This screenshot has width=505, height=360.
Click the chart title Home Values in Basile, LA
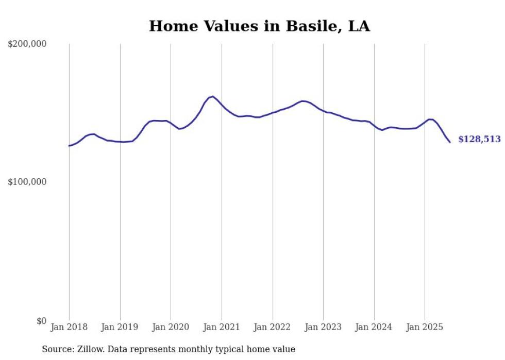259,26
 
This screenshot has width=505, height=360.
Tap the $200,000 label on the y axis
27,44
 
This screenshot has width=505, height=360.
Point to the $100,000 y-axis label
27,182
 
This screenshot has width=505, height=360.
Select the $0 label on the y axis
40,321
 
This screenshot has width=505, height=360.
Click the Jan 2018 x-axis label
69,327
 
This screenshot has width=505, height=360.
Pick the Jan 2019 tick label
120,327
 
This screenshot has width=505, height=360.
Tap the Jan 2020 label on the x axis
171,327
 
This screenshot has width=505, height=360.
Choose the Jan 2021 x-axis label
222,327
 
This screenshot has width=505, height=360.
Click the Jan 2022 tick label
273,327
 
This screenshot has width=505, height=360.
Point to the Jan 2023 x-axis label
323,327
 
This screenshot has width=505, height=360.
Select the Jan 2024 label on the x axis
374,327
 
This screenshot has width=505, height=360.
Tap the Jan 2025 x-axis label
425,327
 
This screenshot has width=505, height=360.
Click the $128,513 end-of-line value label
479,140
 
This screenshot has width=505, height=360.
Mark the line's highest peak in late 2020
213,96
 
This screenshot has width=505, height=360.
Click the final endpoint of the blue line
450,142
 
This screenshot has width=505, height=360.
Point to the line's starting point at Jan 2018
69,146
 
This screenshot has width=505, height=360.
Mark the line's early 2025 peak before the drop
430,119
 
